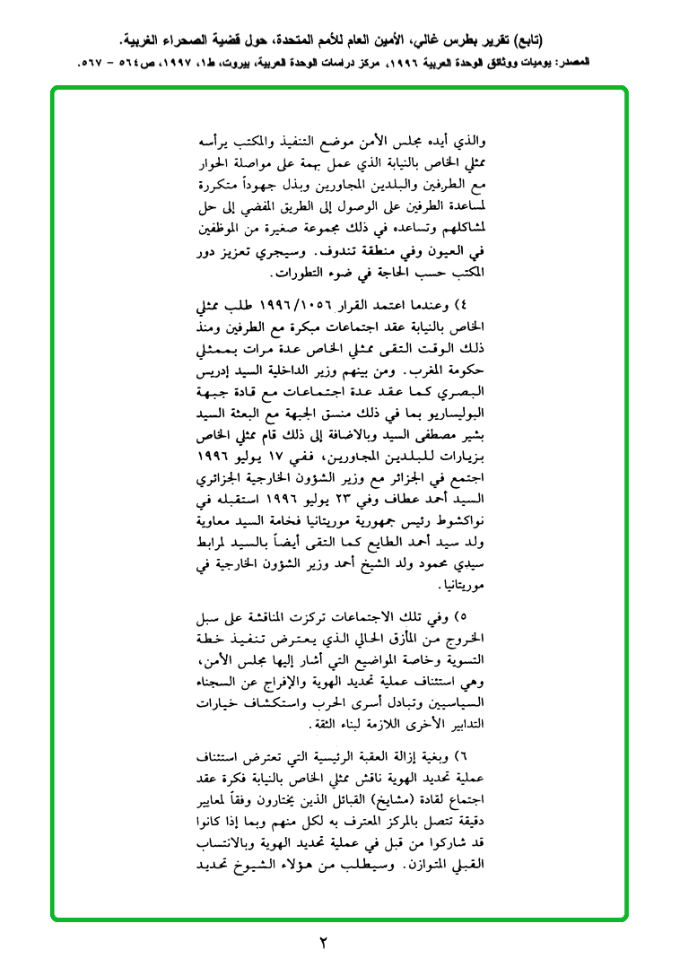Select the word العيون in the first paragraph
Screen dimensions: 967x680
(x=452, y=252)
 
